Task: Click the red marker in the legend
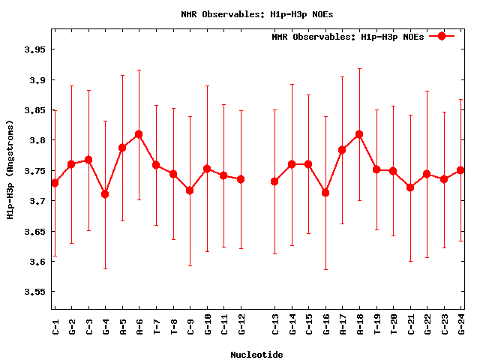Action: click(x=442, y=36)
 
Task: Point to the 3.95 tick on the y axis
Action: click(x=34, y=49)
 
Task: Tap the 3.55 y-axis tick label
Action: click(x=34, y=292)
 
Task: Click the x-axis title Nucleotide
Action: click(x=256, y=354)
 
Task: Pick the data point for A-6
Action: click(x=139, y=134)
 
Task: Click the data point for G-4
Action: click(x=105, y=194)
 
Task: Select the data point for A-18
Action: click(x=359, y=134)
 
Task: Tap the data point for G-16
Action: click(x=325, y=193)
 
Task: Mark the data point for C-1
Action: click(x=55, y=183)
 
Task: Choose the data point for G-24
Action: click(x=460, y=170)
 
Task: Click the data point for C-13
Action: click(x=274, y=181)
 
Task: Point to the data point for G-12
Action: click(x=241, y=179)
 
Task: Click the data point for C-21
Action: click(x=410, y=187)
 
